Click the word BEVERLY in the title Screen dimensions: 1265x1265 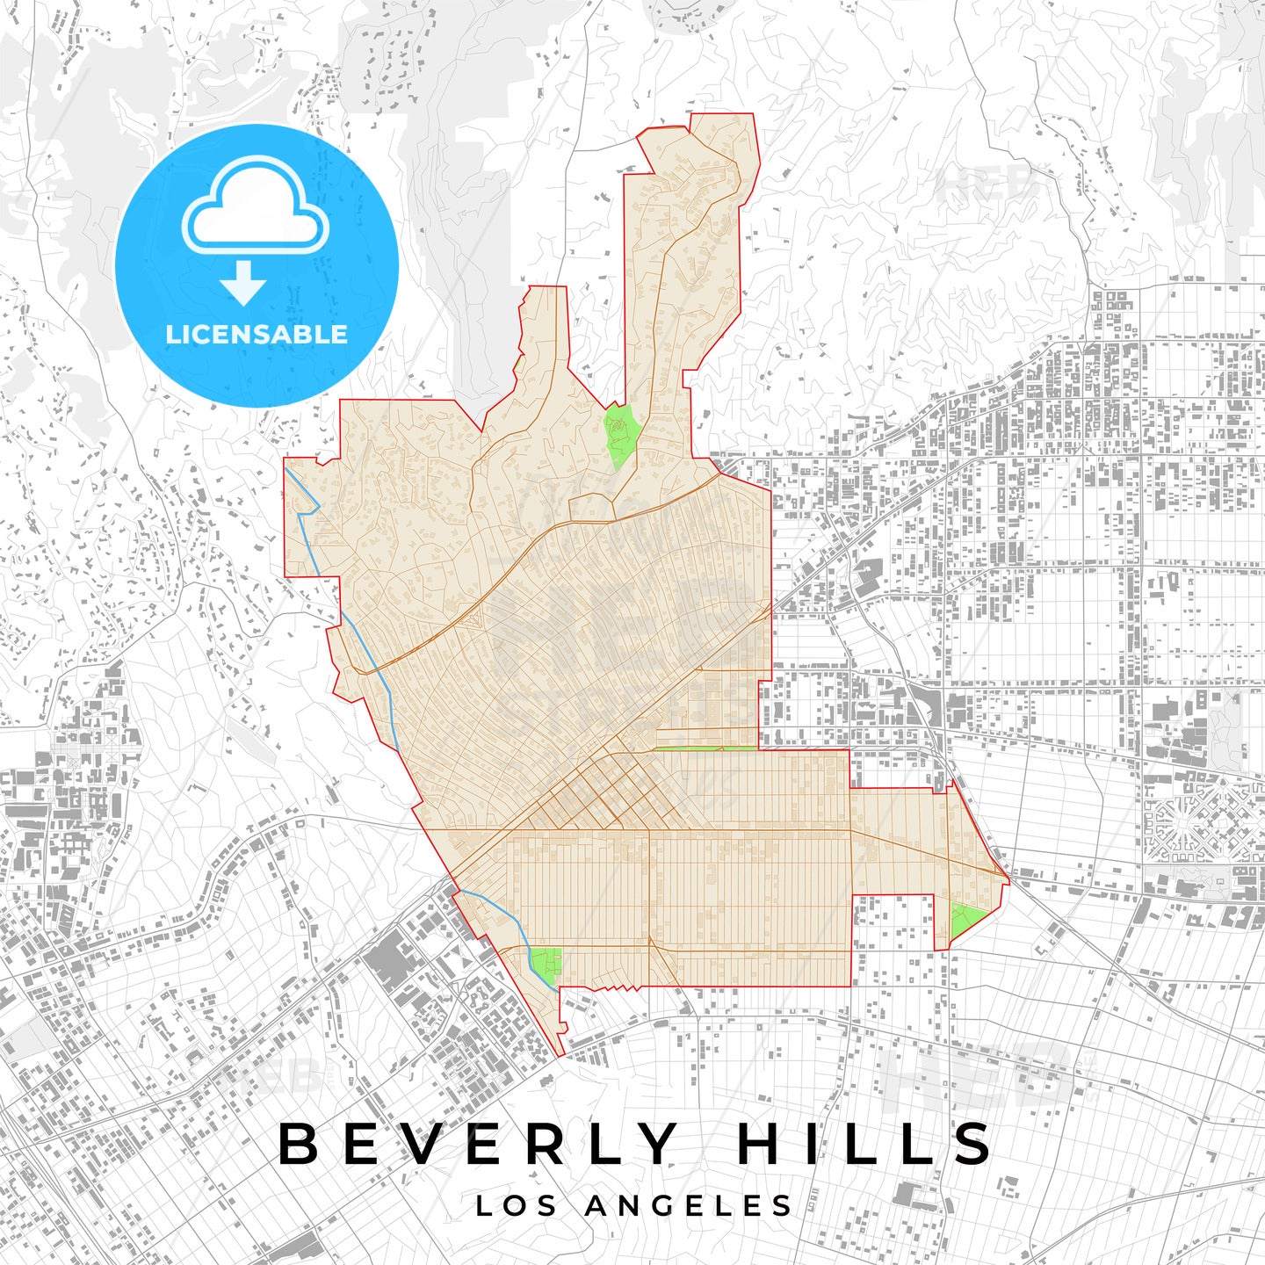tap(479, 1144)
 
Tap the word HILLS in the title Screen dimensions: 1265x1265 tap(864, 1144)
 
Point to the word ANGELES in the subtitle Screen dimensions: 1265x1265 tap(689, 1206)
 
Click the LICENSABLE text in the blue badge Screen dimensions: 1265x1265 tap(257, 335)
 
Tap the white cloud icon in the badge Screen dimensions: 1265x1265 tap(256, 206)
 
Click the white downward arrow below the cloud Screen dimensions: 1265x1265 tap(243, 282)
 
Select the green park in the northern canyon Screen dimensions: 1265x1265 tap(621, 434)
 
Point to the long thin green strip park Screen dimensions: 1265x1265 tap(703, 748)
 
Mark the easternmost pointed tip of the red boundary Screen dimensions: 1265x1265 tap(1009, 877)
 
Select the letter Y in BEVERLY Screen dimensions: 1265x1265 tap(655, 1144)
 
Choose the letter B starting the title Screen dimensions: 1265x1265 tap(298, 1144)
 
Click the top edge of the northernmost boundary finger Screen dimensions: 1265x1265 tap(722, 113)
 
